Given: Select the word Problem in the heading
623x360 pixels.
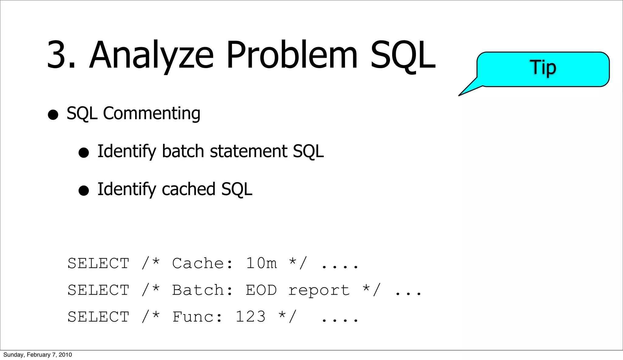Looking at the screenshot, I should [292, 55].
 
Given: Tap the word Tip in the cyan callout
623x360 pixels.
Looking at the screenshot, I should [543, 67].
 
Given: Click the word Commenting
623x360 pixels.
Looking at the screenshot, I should [151, 114].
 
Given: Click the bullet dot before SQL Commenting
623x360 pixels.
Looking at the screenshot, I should [53, 115].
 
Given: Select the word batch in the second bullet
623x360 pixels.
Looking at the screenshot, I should [183, 151].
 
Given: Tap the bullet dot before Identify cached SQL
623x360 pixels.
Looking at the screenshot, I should [84, 191].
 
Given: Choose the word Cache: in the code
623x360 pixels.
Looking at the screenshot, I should [203, 263].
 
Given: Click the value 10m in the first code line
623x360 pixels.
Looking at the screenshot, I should [261, 263].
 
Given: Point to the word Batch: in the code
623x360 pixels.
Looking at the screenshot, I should [203, 290].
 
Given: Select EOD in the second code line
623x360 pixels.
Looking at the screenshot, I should [261, 290].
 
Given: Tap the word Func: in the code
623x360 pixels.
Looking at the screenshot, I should [197, 317].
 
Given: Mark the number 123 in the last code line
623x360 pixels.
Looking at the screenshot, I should [251, 317].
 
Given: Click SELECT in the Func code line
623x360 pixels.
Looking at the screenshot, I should [98, 317].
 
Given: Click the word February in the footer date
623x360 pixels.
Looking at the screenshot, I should [38, 355].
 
